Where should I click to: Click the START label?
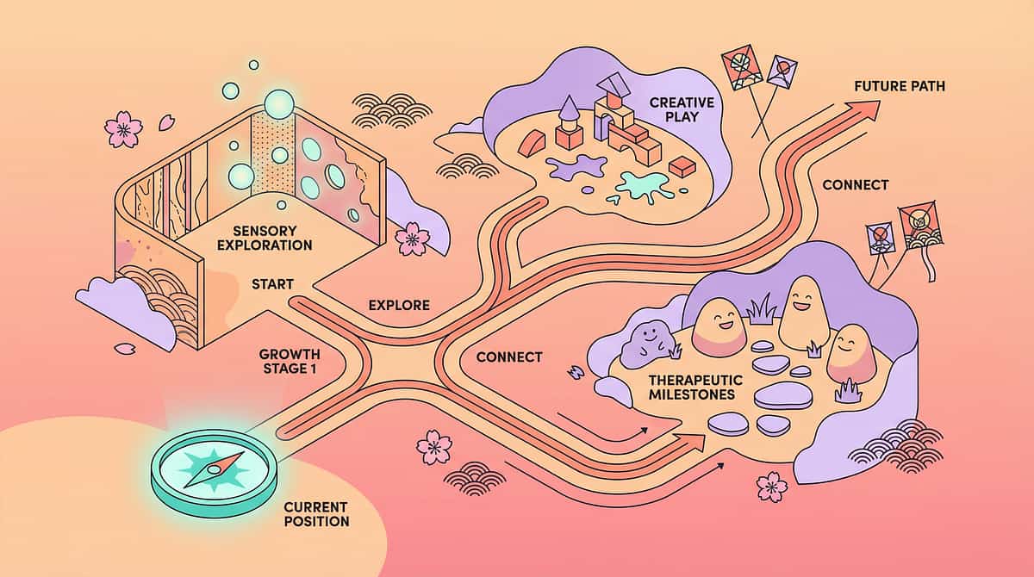point(272,283)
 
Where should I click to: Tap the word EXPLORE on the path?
point(398,305)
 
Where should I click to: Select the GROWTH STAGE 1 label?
point(290,362)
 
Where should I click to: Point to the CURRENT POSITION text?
point(316,513)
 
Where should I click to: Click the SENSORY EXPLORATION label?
point(272,239)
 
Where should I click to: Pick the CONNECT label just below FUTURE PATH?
point(855,185)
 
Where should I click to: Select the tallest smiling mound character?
point(803,311)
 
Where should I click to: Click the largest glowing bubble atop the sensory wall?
point(280,103)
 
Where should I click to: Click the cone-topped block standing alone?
point(569,122)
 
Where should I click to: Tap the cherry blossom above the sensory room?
point(122,128)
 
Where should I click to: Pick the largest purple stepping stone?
point(782,395)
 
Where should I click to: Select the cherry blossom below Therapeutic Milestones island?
point(771,487)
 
